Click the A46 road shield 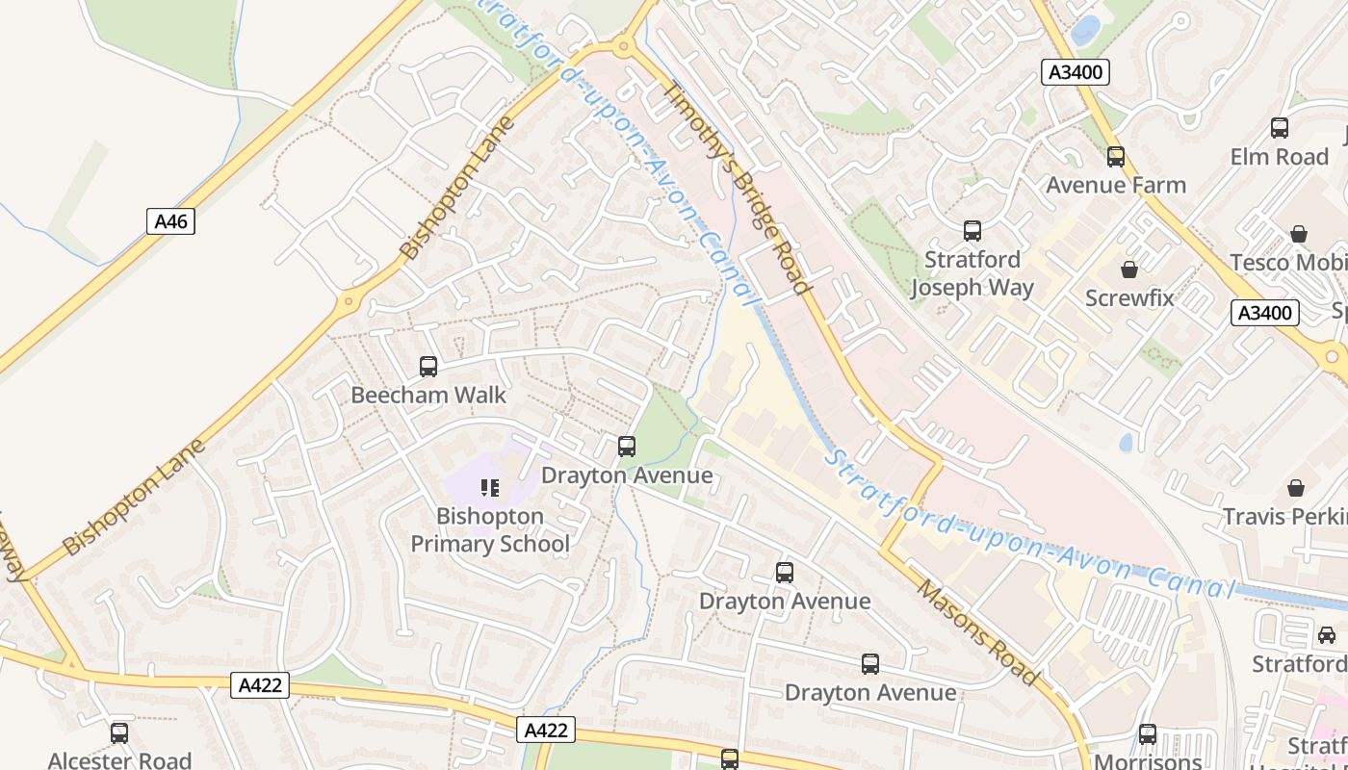(170, 221)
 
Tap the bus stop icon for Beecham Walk (428, 367)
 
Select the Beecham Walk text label (428, 395)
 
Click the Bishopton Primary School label (490, 530)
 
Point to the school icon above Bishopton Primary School (490, 488)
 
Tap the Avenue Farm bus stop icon (1116, 157)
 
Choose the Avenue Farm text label (1116, 185)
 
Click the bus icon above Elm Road (1280, 128)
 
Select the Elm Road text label (1280, 156)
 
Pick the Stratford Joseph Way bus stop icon (972, 231)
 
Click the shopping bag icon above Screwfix (1129, 269)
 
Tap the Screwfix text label (1129, 297)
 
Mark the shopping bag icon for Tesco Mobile (1299, 234)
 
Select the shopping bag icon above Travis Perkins (1296, 488)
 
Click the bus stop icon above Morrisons (1148, 734)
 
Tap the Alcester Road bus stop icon (119, 733)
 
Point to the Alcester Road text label (119, 760)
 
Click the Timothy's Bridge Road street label (737, 187)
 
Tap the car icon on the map (1327, 635)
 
